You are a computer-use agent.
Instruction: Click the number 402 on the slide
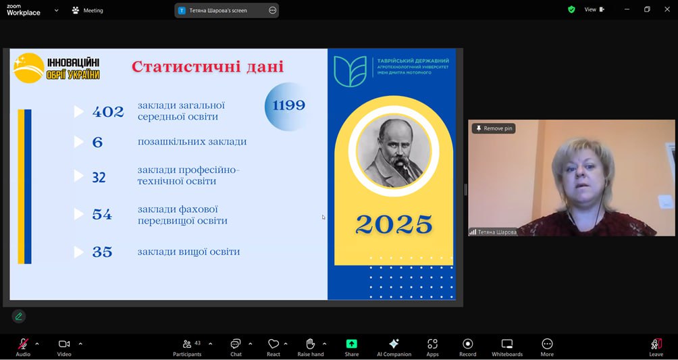pos(108,111)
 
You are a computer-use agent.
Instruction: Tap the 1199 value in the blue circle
pos(288,105)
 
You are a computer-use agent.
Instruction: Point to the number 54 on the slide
pos(102,214)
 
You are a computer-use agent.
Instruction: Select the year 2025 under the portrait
pos(394,224)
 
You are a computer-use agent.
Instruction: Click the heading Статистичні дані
pos(207,67)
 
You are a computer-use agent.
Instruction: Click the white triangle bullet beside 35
pos(79,252)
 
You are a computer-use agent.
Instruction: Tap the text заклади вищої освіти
pos(188,252)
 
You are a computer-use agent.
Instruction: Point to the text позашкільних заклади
pos(192,141)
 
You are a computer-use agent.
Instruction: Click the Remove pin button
pos(494,128)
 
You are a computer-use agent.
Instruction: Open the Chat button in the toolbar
pos(236,347)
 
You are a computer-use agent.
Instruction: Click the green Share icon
pos(352,344)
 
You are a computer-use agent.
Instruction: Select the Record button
pos(467,347)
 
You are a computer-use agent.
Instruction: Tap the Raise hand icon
pos(311,344)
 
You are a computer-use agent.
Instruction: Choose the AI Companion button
pos(394,347)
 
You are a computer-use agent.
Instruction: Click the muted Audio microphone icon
pos(23,344)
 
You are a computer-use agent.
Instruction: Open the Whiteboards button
pos(506,347)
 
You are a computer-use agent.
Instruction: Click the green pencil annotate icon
pos(19,316)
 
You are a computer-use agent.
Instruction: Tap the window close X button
pos(667,9)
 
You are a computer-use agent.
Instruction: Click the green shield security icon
pos(571,9)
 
